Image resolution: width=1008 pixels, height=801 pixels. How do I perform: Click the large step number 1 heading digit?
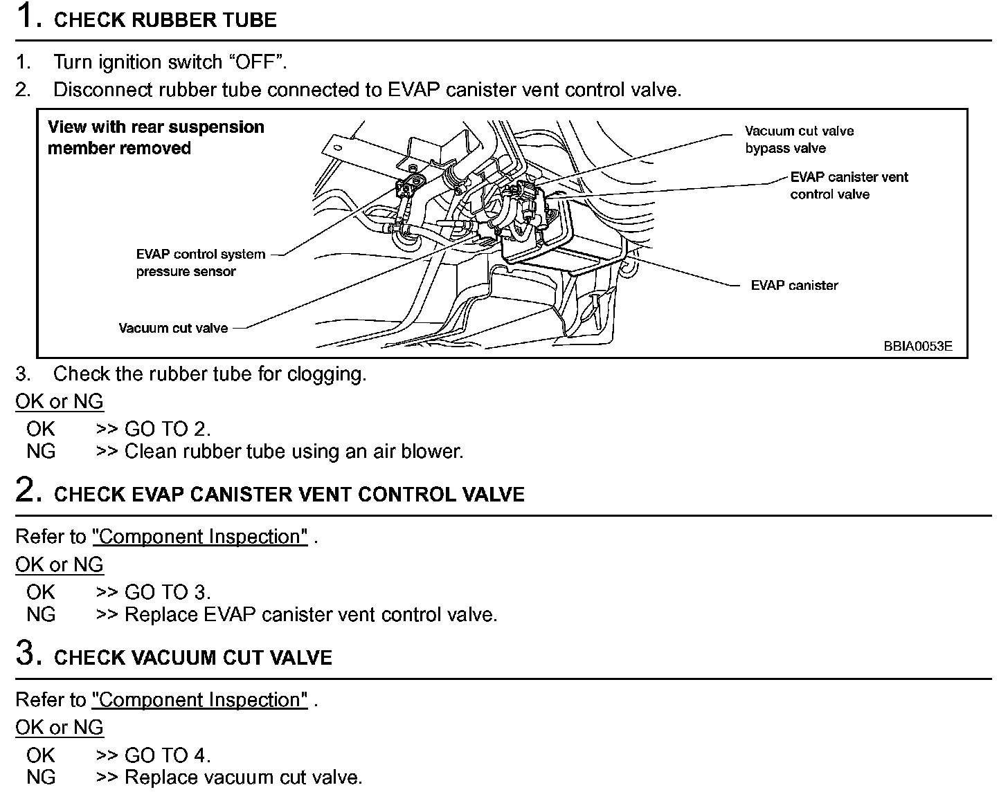pos(26,17)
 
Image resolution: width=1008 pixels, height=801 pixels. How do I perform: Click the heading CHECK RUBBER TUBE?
pos(165,20)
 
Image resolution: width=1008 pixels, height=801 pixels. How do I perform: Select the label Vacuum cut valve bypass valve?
pos(798,139)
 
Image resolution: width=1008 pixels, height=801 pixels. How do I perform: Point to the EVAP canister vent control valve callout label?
pos(848,185)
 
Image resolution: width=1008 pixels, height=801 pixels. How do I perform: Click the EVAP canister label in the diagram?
pos(794,285)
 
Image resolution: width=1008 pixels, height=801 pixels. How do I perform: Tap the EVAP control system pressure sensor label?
pos(200,263)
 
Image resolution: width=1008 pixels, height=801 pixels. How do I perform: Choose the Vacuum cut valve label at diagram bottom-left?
pos(173,328)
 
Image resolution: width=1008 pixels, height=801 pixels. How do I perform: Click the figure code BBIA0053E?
pos(917,346)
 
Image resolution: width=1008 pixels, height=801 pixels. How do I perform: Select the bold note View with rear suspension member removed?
pos(155,137)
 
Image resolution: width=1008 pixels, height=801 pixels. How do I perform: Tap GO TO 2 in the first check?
pos(167,429)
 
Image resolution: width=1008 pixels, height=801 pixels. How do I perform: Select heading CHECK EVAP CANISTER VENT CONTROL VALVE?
pos(289,495)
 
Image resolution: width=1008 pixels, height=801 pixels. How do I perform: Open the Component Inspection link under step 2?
pos(199,537)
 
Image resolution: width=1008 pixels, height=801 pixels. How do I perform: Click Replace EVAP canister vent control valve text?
pos(310,614)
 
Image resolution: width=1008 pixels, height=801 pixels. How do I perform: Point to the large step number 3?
pos(26,653)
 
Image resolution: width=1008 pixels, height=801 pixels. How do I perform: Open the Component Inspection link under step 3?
pos(199,700)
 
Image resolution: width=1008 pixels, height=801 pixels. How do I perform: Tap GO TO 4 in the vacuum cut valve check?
pos(167,755)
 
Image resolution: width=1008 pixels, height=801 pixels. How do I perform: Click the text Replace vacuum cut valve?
pos(243,777)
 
